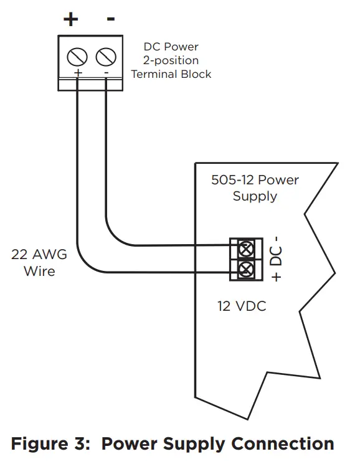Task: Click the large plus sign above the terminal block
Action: (71, 19)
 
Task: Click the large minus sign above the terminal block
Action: (111, 19)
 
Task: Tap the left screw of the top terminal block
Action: (77, 57)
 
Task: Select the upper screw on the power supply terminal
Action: (245, 249)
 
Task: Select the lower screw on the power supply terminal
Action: (245, 270)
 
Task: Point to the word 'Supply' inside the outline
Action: (255, 196)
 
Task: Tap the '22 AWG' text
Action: (39, 255)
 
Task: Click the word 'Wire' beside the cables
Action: (39, 271)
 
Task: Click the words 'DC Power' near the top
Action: (171, 47)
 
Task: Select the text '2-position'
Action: (171, 60)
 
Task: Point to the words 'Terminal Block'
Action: (171, 74)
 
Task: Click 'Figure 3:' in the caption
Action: (51, 444)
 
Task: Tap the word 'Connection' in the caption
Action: (283, 444)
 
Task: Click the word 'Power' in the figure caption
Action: (130, 444)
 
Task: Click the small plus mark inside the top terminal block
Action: (78, 73)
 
